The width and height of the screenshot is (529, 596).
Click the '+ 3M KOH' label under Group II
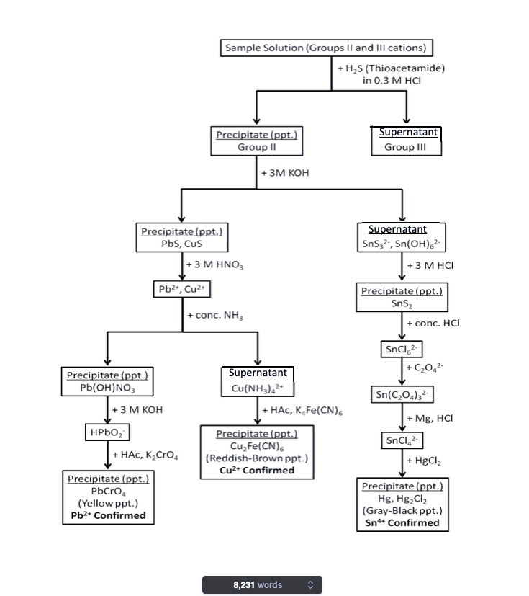click(x=285, y=173)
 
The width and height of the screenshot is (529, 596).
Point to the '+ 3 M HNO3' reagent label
click(x=214, y=265)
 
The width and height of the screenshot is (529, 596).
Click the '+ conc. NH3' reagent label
click(x=215, y=316)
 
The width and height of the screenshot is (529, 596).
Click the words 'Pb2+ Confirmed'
click(x=108, y=515)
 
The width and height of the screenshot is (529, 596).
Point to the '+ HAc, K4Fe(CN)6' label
click(x=302, y=411)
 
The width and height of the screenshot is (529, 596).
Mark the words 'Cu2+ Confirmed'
click(x=257, y=470)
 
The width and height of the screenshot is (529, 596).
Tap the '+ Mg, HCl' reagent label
click(x=430, y=419)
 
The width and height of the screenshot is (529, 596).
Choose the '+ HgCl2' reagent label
click(x=424, y=461)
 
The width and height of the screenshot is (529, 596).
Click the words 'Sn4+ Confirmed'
click(x=402, y=523)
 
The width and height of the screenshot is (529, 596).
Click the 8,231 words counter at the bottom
click(x=262, y=585)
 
